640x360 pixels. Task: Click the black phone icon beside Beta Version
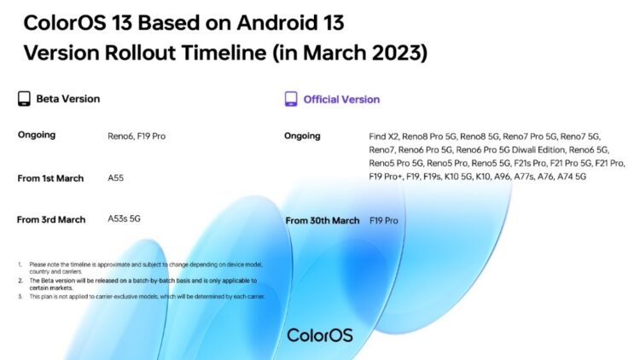point(24,99)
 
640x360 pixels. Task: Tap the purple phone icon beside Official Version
point(291,99)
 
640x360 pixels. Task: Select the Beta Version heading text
point(67,99)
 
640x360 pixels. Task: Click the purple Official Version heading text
point(341,99)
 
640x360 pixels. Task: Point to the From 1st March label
point(51,178)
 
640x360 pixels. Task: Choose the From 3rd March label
point(51,219)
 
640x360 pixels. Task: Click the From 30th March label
point(322,221)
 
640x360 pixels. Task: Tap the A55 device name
point(118,178)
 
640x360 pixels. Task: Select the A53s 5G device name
point(125,219)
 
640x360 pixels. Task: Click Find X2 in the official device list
point(383,136)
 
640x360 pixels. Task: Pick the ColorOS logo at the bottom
point(320,335)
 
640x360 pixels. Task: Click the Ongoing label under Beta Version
point(37,136)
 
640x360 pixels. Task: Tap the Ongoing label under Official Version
point(303,136)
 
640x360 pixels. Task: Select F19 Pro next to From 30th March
point(384,221)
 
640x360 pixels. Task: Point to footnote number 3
point(20,297)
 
